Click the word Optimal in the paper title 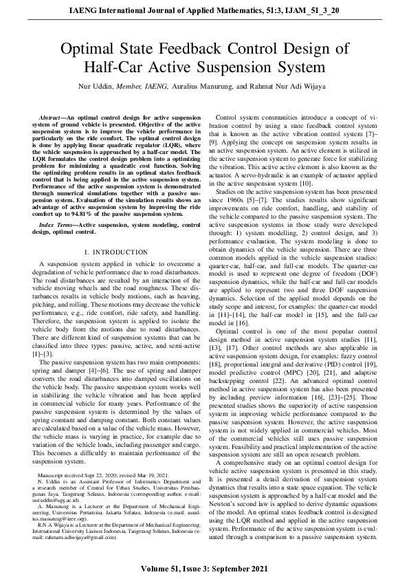click(x=89, y=49)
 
